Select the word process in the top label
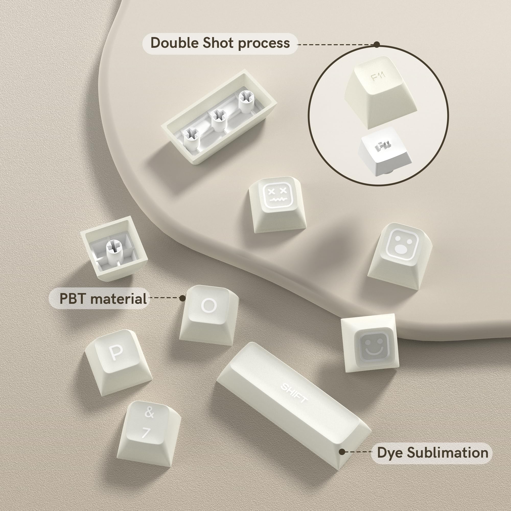(x=264, y=44)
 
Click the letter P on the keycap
(x=116, y=353)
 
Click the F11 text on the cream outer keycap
(x=378, y=77)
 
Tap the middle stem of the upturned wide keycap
(x=218, y=116)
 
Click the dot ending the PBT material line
(x=182, y=298)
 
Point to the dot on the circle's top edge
(x=377, y=44)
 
